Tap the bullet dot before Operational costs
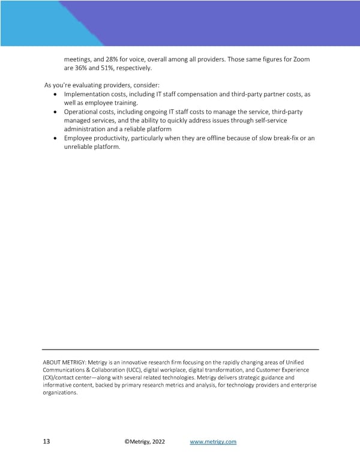click(x=56, y=112)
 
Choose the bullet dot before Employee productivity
click(x=56, y=139)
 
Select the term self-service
click(x=282, y=121)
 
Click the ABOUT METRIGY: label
click(x=64, y=363)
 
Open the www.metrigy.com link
click(x=213, y=442)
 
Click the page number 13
click(x=46, y=442)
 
